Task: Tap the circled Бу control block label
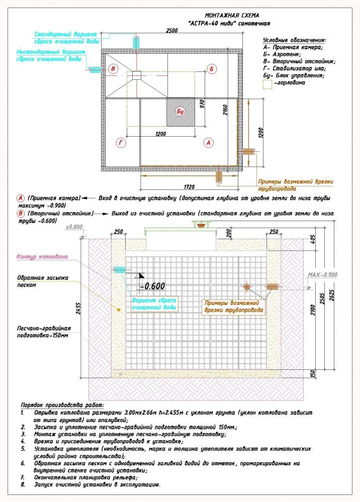coord(180,111)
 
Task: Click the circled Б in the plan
coord(213,68)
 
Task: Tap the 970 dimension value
coord(202,105)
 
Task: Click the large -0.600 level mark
coord(152,286)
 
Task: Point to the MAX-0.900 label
coord(322,275)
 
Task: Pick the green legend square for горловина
coord(267,85)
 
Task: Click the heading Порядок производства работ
coord(62,405)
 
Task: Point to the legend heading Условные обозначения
coord(294,40)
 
